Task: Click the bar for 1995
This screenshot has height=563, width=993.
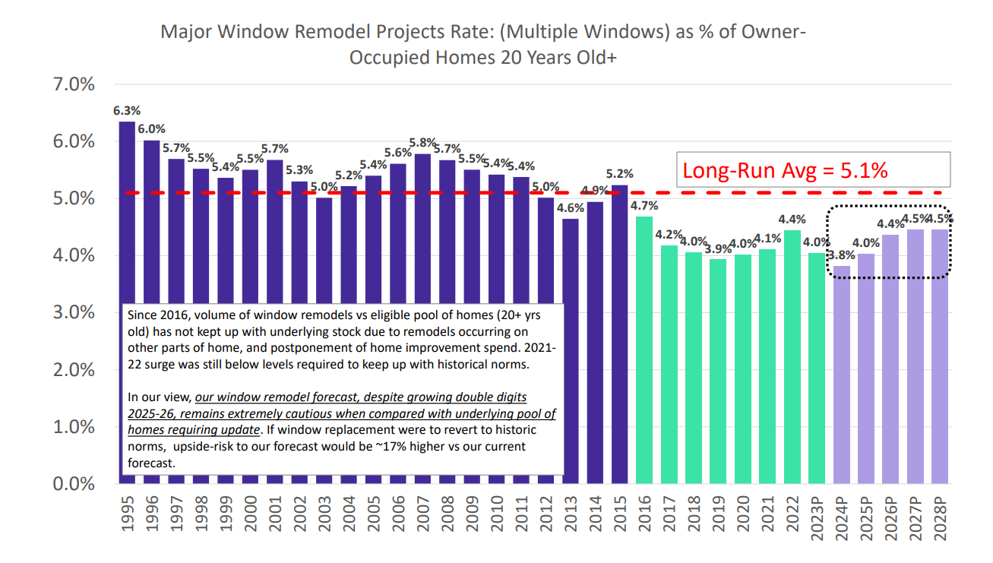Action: tap(127, 213)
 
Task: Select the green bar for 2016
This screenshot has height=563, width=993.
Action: tap(644, 350)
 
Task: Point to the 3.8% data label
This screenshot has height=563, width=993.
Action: tap(843, 255)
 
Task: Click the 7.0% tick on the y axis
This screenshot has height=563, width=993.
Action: tap(73, 84)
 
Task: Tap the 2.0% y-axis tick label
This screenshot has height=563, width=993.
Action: tap(73, 370)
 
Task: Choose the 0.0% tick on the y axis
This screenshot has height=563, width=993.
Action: tap(73, 484)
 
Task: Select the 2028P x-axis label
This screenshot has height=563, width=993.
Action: tap(941, 520)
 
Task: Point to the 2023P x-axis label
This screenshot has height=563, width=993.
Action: tap(817, 520)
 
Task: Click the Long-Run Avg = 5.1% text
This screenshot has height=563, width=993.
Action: tap(786, 170)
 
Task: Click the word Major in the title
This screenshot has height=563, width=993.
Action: tap(183, 33)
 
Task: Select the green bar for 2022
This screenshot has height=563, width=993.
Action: tap(792, 357)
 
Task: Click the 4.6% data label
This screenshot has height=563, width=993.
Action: tap(571, 207)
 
